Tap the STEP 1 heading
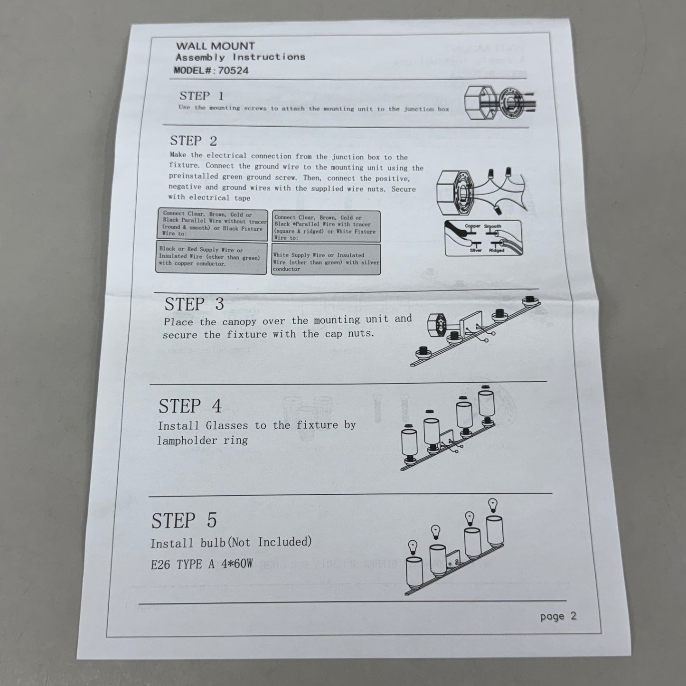(x=201, y=96)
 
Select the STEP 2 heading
(x=193, y=141)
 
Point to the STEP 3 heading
(x=194, y=304)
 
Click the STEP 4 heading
(x=190, y=406)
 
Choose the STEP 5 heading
(x=184, y=520)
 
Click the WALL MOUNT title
(x=216, y=46)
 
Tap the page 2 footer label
(x=558, y=616)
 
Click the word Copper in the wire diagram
(x=472, y=226)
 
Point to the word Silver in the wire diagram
(x=476, y=250)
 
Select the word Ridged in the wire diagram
(x=497, y=251)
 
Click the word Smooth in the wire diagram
(x=492, y=226)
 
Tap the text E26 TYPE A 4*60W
(x=202, y=564)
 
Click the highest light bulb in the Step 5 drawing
(x=493, y=505)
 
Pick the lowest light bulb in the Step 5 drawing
(x=412, y=547)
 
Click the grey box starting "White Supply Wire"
(x=326, y=260)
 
